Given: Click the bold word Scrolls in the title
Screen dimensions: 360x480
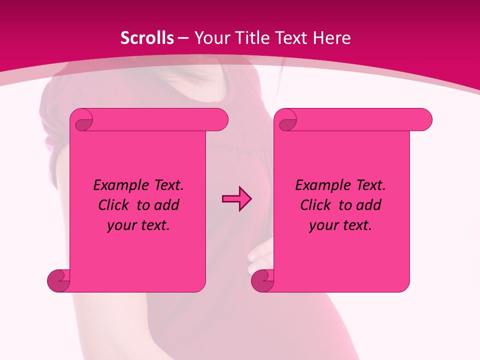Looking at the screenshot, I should (x=147, y=38).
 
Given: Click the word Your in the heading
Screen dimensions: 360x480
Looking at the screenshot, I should (x=210, y=38).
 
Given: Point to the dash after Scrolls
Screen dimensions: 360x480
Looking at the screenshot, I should (x=183, y=38).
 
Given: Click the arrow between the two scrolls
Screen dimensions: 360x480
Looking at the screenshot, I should (x=236, y=199).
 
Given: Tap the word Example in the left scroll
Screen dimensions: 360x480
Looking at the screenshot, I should (x=119, y=185).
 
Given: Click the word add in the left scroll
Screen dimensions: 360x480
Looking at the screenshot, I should (x=166, y=205).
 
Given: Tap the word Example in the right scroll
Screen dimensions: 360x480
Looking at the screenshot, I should (x=321, y=185).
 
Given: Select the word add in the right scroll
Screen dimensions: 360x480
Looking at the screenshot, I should (x=368, y=205).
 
